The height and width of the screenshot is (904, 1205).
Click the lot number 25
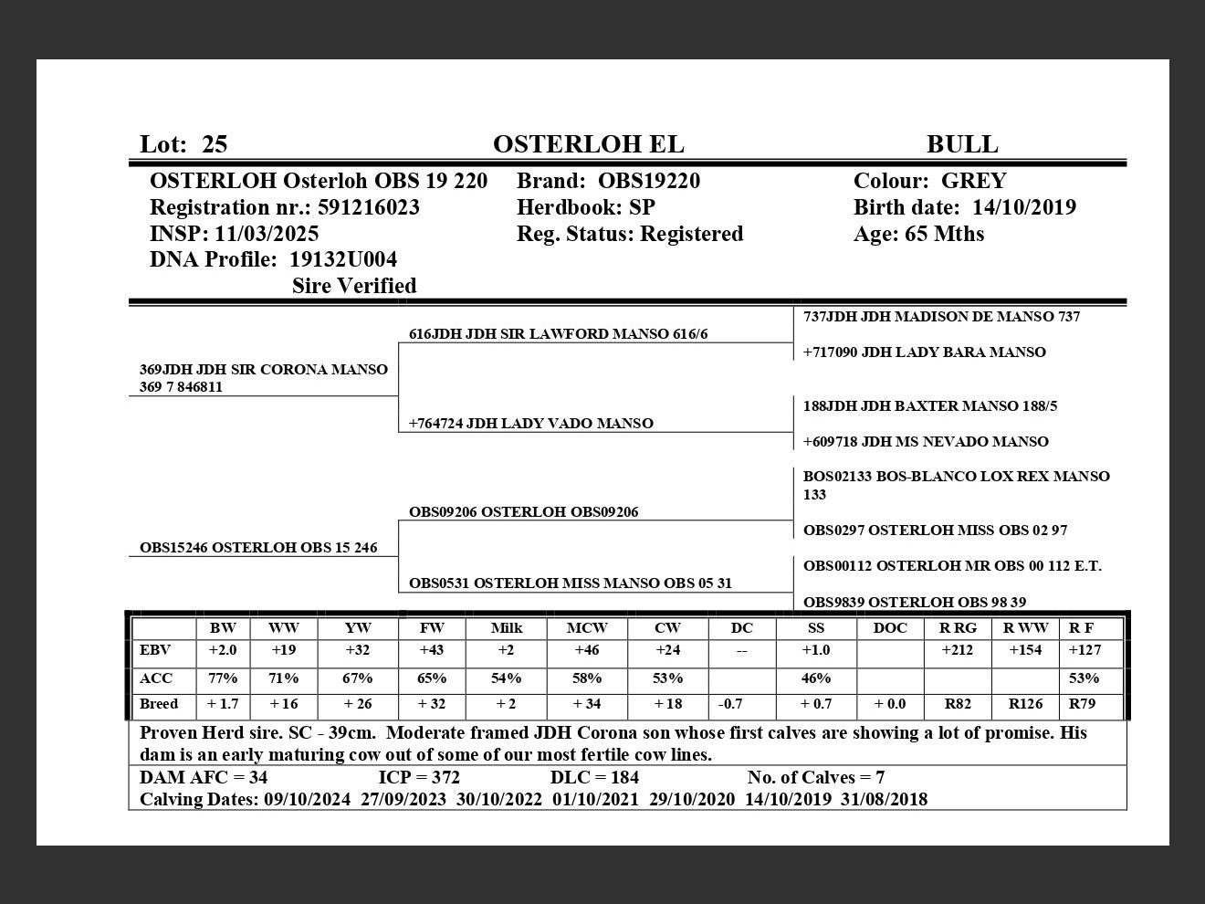tap(215, 144)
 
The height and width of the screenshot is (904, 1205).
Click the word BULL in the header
tap(962, 144)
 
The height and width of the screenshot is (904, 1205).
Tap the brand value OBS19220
tap(649, 181)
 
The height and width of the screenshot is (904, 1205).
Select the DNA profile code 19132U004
tap(342, 259)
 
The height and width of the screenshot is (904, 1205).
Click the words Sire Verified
tap(354, 286)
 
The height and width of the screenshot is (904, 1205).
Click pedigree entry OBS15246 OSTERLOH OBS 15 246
tap(258, 548)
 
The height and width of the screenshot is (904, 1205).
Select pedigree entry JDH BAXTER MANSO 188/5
tap(930, 406)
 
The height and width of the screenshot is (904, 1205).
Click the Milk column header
tap(507, 628)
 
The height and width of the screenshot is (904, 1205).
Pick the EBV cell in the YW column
tap(358, 651)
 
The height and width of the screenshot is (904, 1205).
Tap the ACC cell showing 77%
tap(223, 678)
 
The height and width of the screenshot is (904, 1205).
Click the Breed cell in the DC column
tap(730, 705)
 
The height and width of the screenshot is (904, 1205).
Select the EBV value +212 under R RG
tap(957, 651)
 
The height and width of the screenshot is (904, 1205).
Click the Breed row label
tap(159, 705)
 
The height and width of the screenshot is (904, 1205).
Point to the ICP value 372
tap(445, 778)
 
